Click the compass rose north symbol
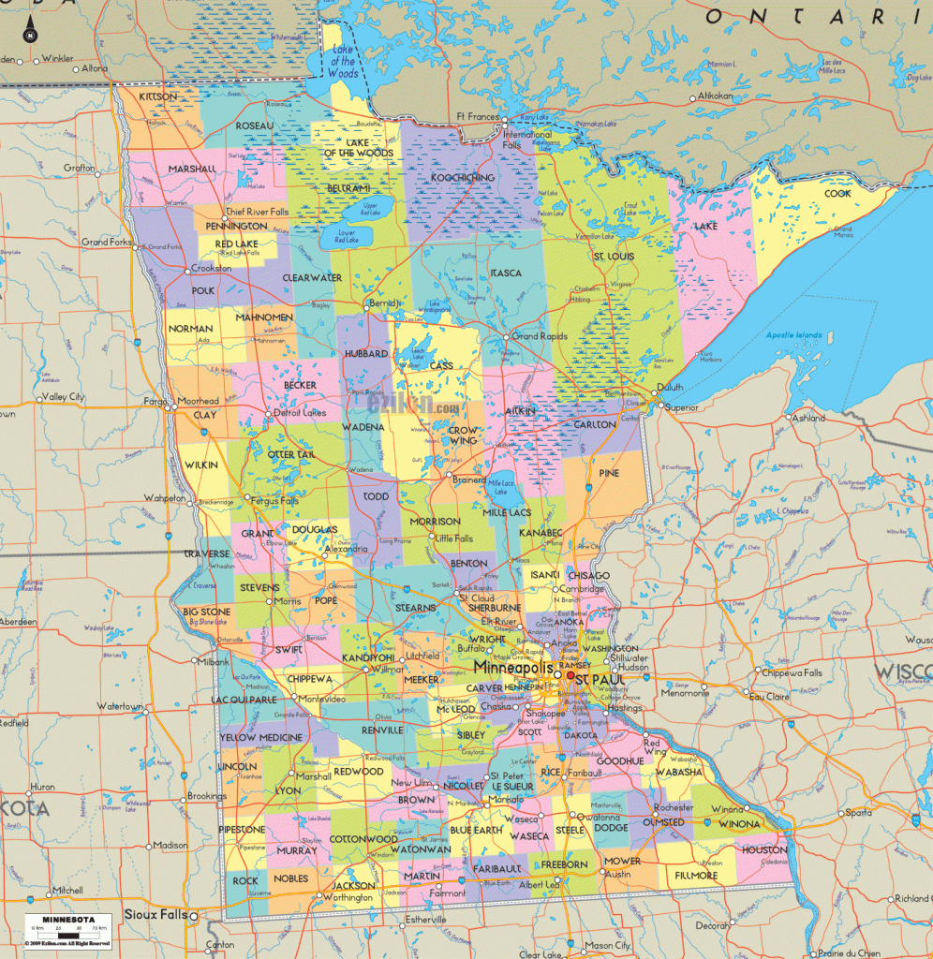click(30, 36)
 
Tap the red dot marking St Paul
click(570, 674)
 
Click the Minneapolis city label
click(513, 668)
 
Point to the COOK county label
click(837, 194)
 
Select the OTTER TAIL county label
click(292, 454)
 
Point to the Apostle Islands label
click(792, 335)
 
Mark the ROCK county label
click(245, 880)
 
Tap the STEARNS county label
click(416, 608)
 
